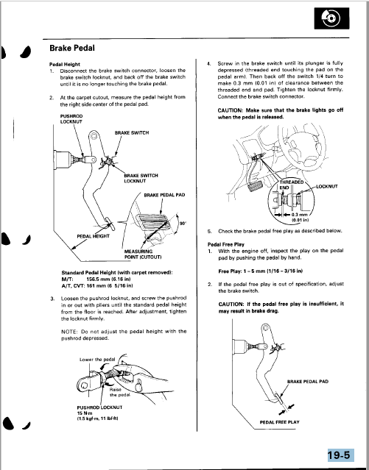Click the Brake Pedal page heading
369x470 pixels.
72,49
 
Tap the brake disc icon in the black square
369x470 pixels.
331,19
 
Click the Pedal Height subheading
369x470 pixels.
65,64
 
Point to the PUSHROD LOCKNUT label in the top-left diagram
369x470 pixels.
71,119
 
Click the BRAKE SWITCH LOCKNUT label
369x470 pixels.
141,178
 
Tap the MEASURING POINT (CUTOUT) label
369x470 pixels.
143,254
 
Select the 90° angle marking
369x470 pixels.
183,224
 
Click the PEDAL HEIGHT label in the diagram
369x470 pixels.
93,236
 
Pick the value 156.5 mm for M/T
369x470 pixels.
97,279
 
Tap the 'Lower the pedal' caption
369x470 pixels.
97,360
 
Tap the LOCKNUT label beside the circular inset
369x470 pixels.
327,186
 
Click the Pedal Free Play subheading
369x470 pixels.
226,244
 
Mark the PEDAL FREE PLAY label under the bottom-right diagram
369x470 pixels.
280,422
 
